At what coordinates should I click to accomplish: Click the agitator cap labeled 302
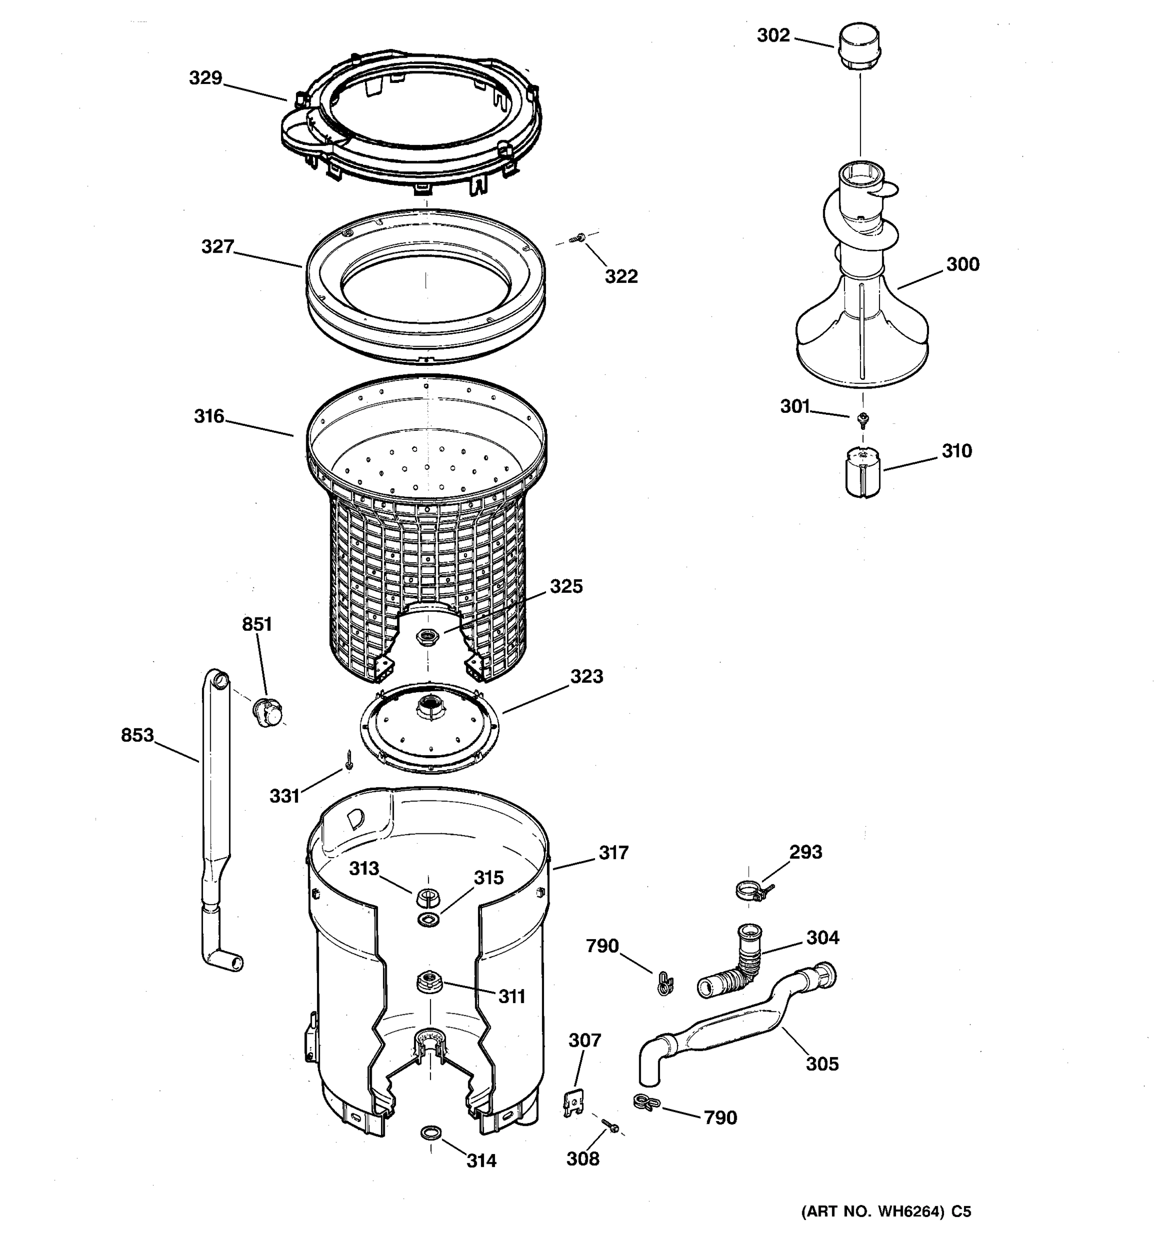[x=860, y=48]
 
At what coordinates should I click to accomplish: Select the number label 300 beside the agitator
[x=962, y=264]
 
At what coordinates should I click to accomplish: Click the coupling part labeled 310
[x=863, y=474]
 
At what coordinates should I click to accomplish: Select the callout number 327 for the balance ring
[x=217, y=247]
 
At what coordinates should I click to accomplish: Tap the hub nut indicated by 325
[x=427, y=636]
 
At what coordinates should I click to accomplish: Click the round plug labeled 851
[x=268, y=711]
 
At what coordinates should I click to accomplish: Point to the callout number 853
[x=137, y=735]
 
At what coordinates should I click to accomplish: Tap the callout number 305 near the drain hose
[x=822, y=1064]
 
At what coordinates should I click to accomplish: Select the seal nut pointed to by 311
[x=428, y=982]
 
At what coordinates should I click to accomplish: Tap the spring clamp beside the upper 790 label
[x=665, y=983]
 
